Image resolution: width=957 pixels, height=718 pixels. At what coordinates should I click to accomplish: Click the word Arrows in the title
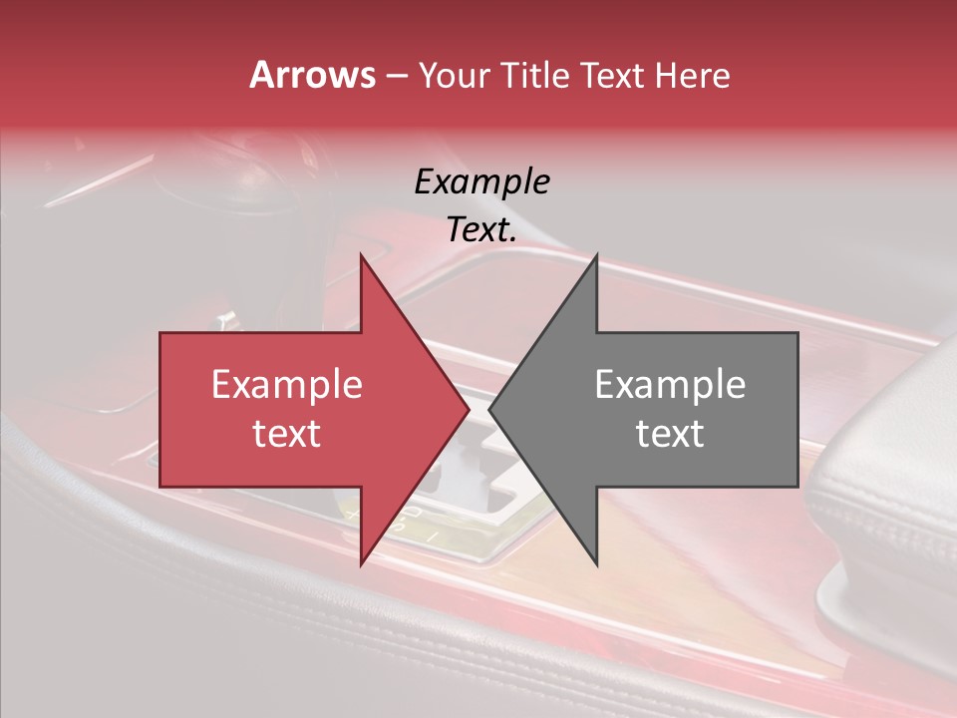(x=312, y=75)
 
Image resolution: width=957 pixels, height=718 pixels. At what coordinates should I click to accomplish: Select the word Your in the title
(x=456, y=75)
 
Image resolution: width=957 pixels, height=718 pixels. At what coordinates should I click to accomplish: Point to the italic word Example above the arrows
(x=481, y=181)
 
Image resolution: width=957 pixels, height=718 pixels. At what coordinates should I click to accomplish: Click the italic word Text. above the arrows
(x=481, y=229)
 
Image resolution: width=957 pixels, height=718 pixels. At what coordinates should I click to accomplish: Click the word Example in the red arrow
(x=286, y=385)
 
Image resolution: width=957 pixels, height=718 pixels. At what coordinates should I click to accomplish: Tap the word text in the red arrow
(x=286, y=434)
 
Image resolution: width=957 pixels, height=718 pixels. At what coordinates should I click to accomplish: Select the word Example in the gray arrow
(x=670, y=385)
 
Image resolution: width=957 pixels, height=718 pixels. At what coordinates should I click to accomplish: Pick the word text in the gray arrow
(x=670, y=434)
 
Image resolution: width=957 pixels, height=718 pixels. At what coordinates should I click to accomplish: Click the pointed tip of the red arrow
(x=468, y=410)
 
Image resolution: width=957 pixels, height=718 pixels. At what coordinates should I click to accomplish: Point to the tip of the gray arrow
(x=490, y=410)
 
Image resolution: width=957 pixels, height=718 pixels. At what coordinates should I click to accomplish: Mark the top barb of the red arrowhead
(x=362, y=257)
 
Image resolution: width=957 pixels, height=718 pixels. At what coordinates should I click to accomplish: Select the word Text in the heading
(x=612, y=75)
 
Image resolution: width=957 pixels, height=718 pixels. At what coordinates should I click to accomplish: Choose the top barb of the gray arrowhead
(x=596, y=257)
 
